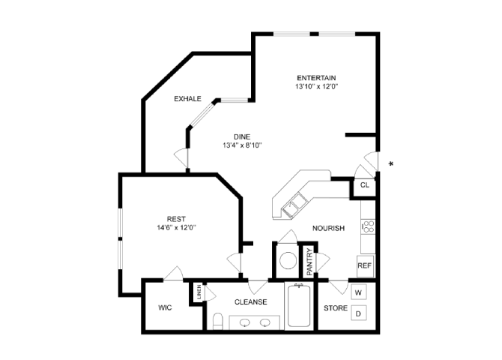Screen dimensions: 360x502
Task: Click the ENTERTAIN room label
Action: [315, 78]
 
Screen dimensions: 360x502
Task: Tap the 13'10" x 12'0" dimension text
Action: [315, 87]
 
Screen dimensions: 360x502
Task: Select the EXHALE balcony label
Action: [187, 99]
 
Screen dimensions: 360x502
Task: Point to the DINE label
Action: [241, 136]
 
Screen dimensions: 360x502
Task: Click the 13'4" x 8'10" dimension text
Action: [241, 145]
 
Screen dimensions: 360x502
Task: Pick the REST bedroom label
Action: [177, 218]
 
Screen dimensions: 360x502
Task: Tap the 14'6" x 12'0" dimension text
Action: [177, 227]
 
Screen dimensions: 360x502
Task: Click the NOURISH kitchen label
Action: [328, 229]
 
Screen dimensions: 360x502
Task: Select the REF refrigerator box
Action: [364, 265]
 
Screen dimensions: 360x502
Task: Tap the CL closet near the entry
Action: [364, 184]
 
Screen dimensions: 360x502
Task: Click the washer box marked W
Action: [359, 292]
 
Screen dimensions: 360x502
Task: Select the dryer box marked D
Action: [359, 313]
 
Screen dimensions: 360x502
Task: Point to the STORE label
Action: [334, 307]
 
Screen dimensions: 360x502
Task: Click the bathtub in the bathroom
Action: [300, 307]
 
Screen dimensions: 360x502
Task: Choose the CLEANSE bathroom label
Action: [250, 302]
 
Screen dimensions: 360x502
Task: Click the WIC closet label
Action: [165, 307]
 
